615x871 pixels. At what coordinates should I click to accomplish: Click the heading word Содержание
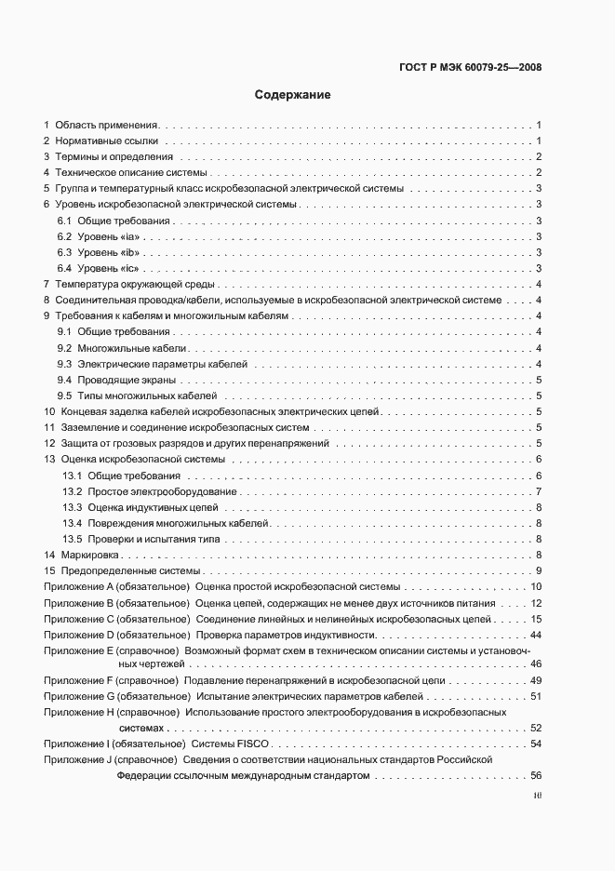(292, 95)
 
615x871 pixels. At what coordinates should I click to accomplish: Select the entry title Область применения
(107, 125)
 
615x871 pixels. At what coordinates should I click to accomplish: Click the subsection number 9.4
(65, 380)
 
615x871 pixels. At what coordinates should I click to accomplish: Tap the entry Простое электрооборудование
(162, 491)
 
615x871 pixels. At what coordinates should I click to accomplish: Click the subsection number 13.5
(74, 539)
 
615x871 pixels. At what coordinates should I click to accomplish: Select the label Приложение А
(78, 587)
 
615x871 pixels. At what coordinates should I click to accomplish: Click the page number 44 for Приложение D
(536, 635)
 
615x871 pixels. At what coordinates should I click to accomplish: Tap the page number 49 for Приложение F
(536, 682)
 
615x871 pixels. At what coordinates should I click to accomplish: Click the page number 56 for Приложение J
(536, 776)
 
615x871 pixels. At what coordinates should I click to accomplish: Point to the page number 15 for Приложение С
(536, 619)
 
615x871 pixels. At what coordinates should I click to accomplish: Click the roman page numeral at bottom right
(537, 797)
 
